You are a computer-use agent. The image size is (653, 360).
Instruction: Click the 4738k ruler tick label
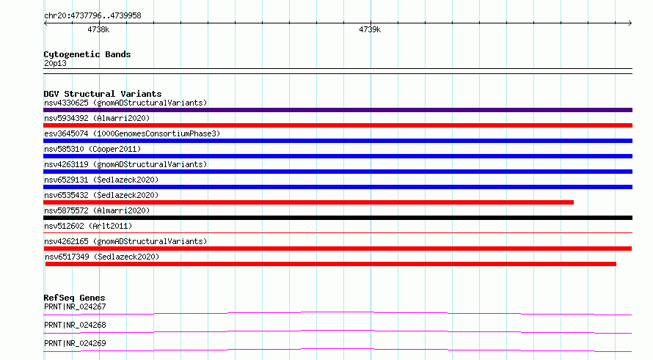[98, 29]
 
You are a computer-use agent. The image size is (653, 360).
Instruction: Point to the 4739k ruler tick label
[370, 29]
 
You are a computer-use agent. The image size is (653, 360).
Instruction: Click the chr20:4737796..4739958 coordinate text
[93, 15]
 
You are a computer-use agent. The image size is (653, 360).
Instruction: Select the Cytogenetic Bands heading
[87, 54]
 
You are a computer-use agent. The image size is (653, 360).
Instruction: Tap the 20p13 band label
[55, 63]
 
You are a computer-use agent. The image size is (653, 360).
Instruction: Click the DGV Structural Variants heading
[103, 94]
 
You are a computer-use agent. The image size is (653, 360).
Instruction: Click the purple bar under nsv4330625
[338, 110]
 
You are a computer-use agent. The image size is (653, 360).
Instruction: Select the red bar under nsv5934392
[338, 125]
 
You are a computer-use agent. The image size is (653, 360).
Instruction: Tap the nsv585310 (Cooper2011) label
[92, 149]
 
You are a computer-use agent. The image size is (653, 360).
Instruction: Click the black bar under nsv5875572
[338, 218]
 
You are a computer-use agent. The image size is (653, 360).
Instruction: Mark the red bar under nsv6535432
[309, 202]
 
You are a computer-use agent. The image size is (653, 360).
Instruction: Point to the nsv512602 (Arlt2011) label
[88, 226]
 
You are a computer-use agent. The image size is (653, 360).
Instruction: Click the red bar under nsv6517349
[331, 264]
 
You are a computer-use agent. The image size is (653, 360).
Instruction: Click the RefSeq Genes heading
[74, 298]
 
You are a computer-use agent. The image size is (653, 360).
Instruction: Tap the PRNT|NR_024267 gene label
[75, 306]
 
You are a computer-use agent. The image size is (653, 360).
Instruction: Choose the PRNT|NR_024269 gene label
[75, 343]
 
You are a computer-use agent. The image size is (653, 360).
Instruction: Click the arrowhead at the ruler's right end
[631, 23]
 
